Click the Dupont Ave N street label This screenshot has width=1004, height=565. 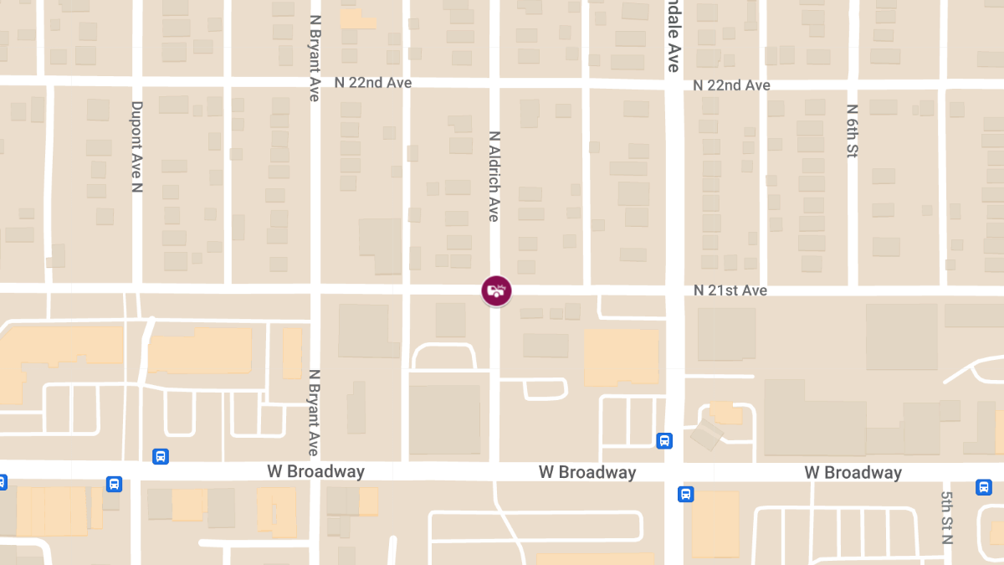pos(137,146)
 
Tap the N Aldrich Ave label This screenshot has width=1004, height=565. pos(494,176)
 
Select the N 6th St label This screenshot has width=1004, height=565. pos(852,131)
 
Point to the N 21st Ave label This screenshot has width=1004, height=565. pos(730,290)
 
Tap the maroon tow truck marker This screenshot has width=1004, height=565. pos(496,290)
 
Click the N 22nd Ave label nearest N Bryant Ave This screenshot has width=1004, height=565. pos(372,83)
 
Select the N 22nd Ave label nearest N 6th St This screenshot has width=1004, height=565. pos(731,85)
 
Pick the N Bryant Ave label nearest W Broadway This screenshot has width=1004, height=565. pos(315,412)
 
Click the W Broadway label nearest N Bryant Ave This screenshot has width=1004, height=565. pos(315,471)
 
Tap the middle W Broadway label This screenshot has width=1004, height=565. pos(587,472)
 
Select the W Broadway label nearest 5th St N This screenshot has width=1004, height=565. pos(853,472)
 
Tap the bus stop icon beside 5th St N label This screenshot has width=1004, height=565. pos(983,486)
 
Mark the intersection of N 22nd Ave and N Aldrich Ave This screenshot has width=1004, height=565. pos(494,83)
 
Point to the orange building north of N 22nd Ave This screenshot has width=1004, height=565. pos(358,18)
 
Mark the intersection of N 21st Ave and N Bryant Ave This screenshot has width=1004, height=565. pos(315,289)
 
